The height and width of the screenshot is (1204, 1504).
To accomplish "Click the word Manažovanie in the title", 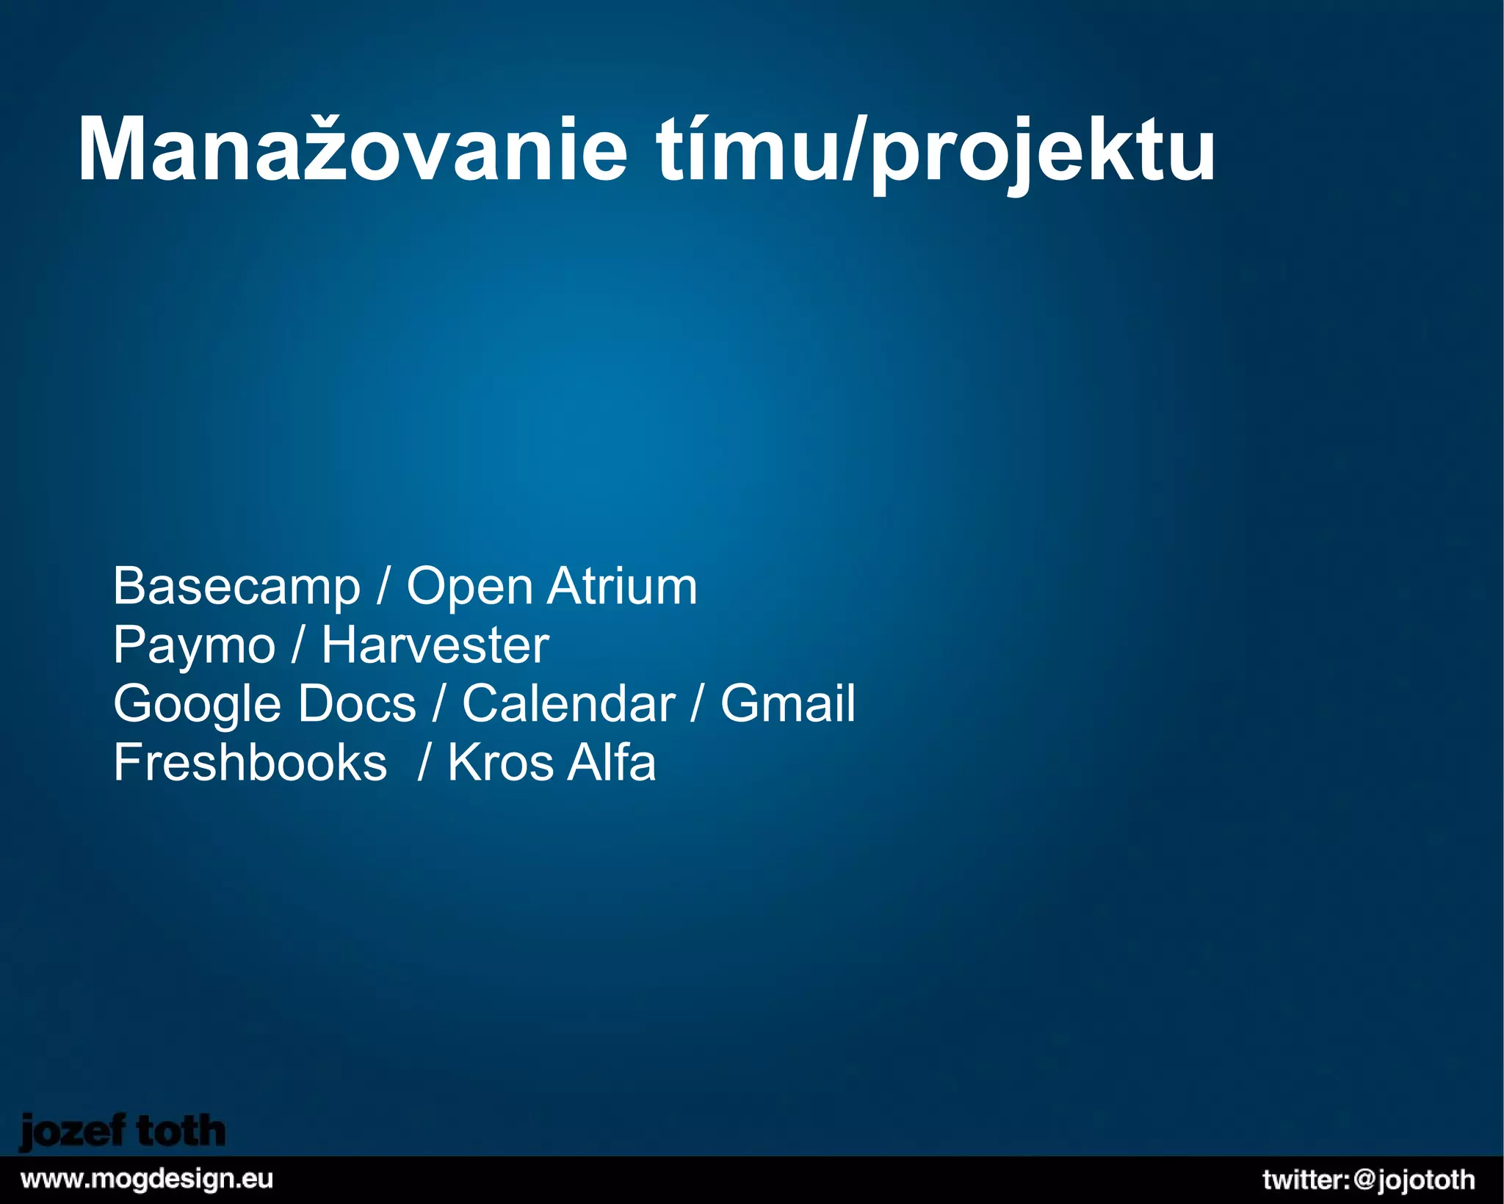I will click(x=352, y=150).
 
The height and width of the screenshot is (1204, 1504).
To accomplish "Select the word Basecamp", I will click(x=236, y=587).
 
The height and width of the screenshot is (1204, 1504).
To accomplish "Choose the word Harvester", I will click(x=435, y=645).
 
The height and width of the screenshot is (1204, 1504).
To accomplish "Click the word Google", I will click(x=197, y=706).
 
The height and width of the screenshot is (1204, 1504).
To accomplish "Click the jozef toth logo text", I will click(x=122, y=1132).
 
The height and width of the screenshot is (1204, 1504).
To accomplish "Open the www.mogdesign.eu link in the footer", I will click(x=147, y=1180).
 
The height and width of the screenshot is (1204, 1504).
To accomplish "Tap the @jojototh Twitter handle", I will click(x=1414, y=1180).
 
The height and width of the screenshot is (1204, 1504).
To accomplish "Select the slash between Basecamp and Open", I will click(x=383, y=587).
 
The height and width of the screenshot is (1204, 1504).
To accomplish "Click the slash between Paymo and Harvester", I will click(x=297, y=646).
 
